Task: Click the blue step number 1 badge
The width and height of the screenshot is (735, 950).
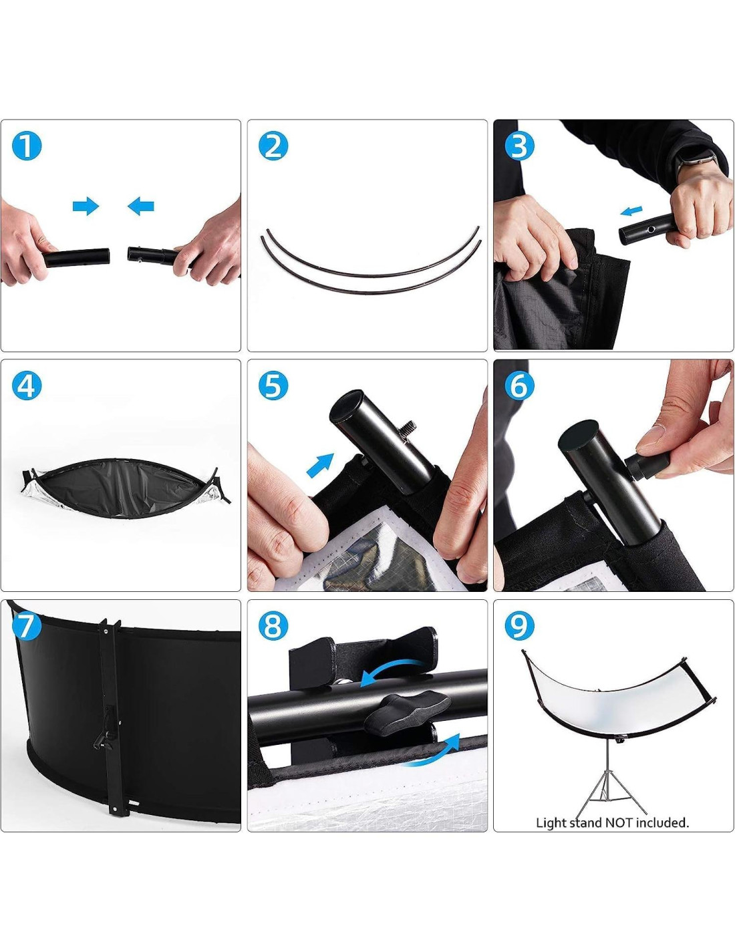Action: click(x=27, y=146)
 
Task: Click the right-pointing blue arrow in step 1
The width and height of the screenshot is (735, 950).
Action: click(x=86, y=206)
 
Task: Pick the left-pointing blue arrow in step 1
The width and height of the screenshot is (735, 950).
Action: click(x=141, y=206)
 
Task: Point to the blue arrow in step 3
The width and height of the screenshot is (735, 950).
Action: click(x=631, y=211)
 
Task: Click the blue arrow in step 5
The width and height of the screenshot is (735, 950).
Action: click(x=320, y=465)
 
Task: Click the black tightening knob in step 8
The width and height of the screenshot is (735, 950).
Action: click(x=407, y=712)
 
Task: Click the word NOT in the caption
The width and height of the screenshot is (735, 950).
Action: click(x=619, y=823)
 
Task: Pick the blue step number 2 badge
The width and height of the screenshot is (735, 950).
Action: click(x=273, y=146)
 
